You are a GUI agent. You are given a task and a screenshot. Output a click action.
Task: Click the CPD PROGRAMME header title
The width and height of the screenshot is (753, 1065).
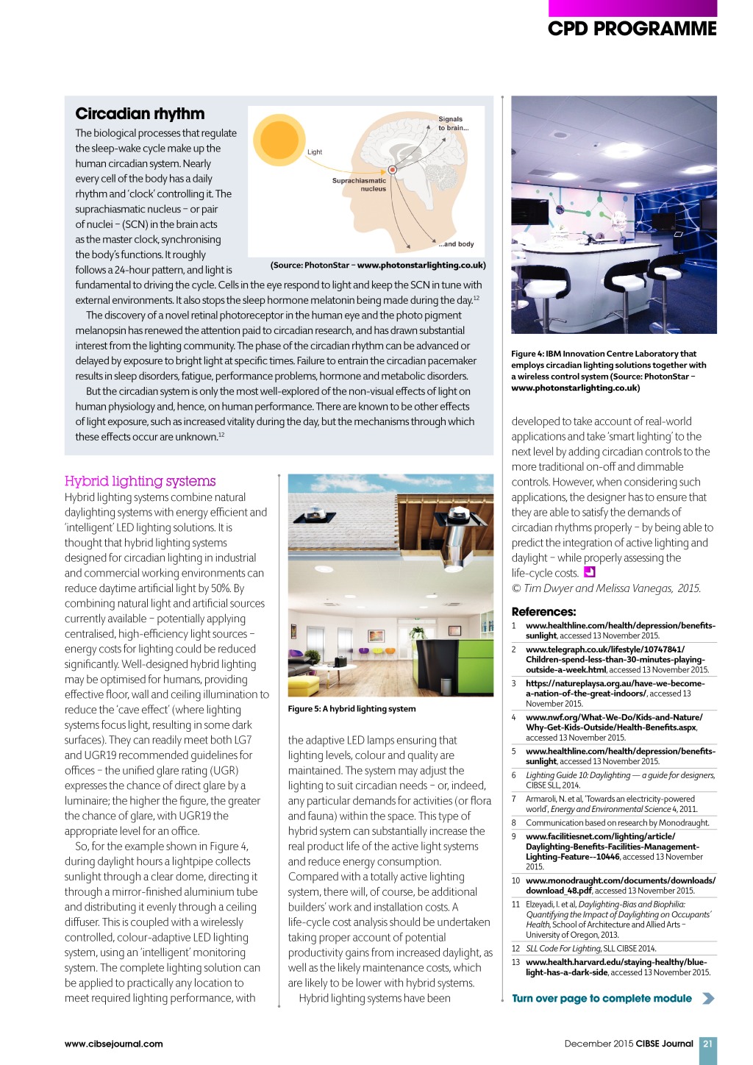(x=632, y=29)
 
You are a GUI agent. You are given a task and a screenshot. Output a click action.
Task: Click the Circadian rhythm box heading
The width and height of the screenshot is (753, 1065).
(x=140, y=113)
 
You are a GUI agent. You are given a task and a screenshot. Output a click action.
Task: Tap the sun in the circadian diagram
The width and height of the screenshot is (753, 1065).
(x=279, y=139)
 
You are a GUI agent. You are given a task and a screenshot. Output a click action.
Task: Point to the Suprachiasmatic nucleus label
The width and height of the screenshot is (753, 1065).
(x=360, y=185)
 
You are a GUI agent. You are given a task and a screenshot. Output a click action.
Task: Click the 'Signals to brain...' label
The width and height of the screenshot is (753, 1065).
(x=452, y=123)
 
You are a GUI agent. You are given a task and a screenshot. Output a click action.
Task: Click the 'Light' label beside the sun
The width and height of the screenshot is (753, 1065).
(x=315, y=152)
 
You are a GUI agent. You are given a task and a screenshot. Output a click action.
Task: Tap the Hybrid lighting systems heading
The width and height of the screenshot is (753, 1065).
(x=140, y=481)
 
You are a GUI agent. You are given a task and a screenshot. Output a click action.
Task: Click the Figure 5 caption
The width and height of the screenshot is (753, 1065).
(x=351, y=709)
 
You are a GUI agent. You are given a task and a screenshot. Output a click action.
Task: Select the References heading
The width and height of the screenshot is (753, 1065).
(x=543, y=611)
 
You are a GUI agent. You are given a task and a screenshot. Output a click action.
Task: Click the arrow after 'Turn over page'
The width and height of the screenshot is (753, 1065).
(x=707, y=998)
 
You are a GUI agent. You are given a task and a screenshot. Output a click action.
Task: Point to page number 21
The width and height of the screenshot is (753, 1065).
(x=707, y=1043)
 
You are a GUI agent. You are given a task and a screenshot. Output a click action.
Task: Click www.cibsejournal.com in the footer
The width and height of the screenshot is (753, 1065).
(x=113, y=1043)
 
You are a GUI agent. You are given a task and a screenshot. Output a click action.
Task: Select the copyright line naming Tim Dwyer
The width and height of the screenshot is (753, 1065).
(x=606, y=588)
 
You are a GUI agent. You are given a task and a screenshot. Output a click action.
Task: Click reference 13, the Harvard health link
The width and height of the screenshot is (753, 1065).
(x=618, y=966)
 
